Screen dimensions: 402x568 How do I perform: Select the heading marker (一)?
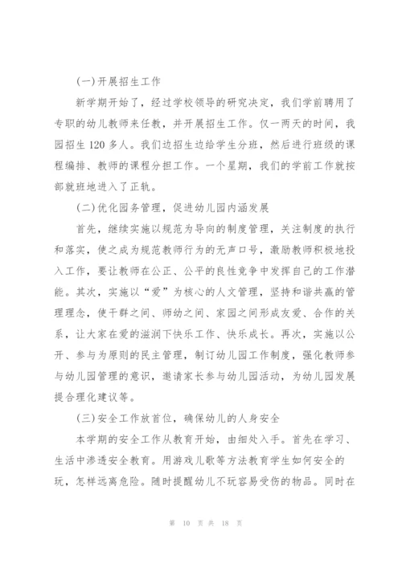point(81,81)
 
